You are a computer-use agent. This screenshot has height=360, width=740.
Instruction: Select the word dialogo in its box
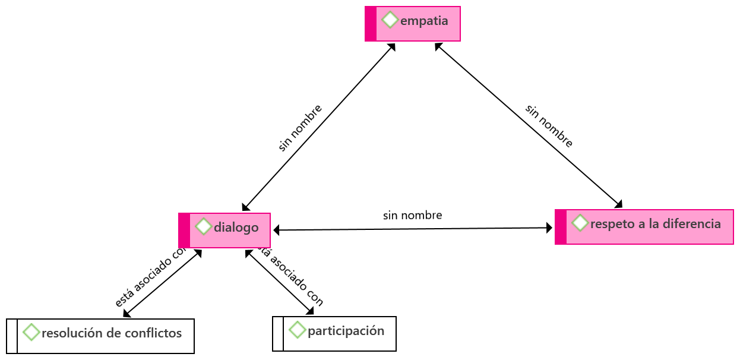tap(236, 227)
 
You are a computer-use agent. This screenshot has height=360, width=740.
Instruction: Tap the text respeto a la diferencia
tap(655, 224)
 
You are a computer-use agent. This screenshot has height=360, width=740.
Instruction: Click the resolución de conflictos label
tap(112, 333)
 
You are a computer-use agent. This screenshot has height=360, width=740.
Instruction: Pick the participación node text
tap(346, 330)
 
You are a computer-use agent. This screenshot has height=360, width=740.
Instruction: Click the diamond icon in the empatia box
tap(390, 20)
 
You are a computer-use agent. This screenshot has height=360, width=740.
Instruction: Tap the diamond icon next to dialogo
tap(203, 226)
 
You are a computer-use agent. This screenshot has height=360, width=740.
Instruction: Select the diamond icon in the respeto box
tap(580, 223)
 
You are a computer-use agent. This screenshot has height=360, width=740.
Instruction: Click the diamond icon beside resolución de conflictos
tap(31, 332)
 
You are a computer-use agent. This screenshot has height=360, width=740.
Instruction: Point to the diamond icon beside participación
tap(297, 330)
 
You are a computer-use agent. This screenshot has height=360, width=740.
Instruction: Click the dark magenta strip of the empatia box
tap(371, 24)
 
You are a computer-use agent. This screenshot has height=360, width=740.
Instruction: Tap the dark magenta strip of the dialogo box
tap(184, 230)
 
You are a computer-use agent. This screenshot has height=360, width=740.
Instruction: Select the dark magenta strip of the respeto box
tap(561, 227)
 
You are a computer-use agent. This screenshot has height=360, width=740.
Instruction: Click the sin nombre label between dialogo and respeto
tap(412, 215)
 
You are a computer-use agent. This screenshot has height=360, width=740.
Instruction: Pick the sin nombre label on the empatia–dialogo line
tap(301, 128)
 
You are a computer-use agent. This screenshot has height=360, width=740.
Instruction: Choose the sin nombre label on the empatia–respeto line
tap(549, 126)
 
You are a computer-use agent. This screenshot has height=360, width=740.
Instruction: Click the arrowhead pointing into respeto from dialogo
tap(549, 228)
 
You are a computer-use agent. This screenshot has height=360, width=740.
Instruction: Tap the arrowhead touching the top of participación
tap(309, 311)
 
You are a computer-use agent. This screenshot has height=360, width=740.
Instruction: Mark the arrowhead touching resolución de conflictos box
tap(127, 314)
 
